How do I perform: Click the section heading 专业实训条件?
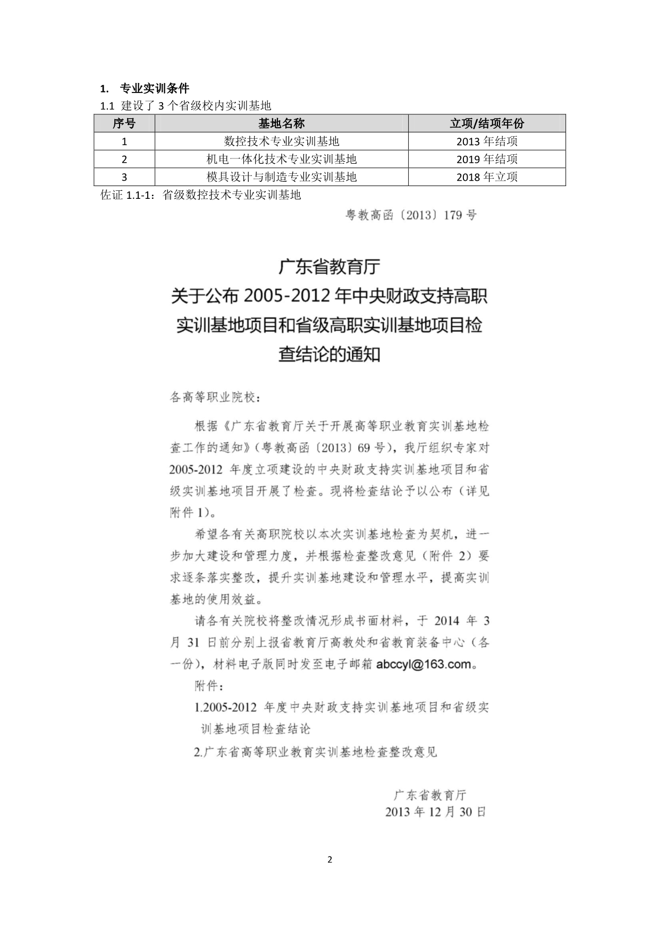(154, 88)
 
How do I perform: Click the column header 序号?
(124, 123)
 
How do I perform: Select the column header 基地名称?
(281, 123)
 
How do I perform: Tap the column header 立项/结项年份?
(486, 123)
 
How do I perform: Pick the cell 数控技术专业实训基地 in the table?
(281, 141)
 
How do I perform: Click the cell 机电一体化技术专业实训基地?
(281, 159)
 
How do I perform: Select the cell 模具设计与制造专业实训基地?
(281, 177)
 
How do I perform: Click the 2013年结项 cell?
(486, 141)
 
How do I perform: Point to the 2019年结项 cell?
(486, 159)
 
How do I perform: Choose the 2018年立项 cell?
(486, 177)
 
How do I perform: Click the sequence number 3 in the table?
(124, 177)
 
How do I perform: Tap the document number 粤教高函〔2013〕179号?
(411, 215)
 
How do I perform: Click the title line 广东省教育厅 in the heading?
(329, 267)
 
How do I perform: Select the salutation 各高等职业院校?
(215, 397)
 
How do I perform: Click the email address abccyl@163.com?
(424, 664)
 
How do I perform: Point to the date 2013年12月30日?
(435, 812)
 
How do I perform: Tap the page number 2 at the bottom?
(329, 860)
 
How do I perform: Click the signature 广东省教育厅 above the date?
(429, 795)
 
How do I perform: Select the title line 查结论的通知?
(329, 354)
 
